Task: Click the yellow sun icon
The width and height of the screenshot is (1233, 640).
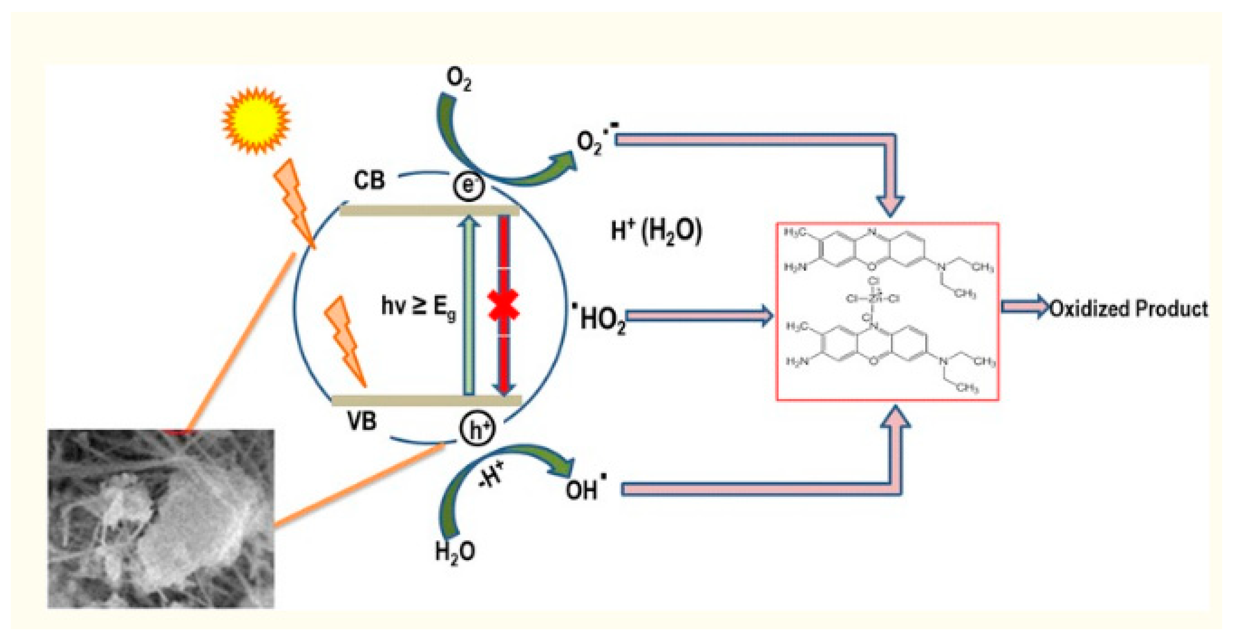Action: pyautogui.click(x=256, y=120)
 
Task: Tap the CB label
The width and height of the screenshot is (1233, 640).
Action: pyautogui.click(x=369, y=181)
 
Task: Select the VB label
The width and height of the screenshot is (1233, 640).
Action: pyautogui.click(x=362, y=421)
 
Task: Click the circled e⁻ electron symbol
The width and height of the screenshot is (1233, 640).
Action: pyautogui.click(x=469, y=186)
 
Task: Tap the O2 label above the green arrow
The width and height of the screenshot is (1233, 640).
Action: pyautogui.click(x=458, y=79)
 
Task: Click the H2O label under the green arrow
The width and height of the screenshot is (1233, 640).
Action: pyautogui.click(x=455, y=552)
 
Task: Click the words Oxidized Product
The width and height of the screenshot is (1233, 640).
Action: pyautogui.click(x=1128, y=309)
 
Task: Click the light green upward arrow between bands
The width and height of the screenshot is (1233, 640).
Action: pyautogui.click(x=469, y=306)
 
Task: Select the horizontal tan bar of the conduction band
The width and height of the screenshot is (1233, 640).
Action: pyautogui.click(x=429, y=210)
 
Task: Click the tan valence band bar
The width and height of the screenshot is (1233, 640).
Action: pyautogui.click(x=426, y=400)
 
